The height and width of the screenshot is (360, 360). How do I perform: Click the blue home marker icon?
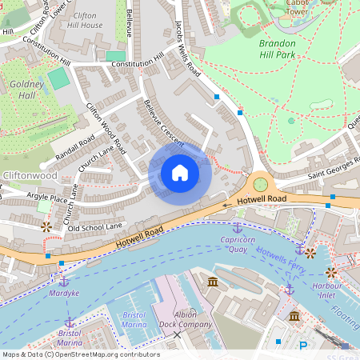[x=180, y=172]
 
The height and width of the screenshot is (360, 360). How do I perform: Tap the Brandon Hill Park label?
[x=278, y=49]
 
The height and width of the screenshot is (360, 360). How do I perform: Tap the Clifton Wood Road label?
[x=106, y=129]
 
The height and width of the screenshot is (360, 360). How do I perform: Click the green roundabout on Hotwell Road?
[x=260, y=184]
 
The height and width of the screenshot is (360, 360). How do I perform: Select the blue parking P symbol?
[x=302, y=346]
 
